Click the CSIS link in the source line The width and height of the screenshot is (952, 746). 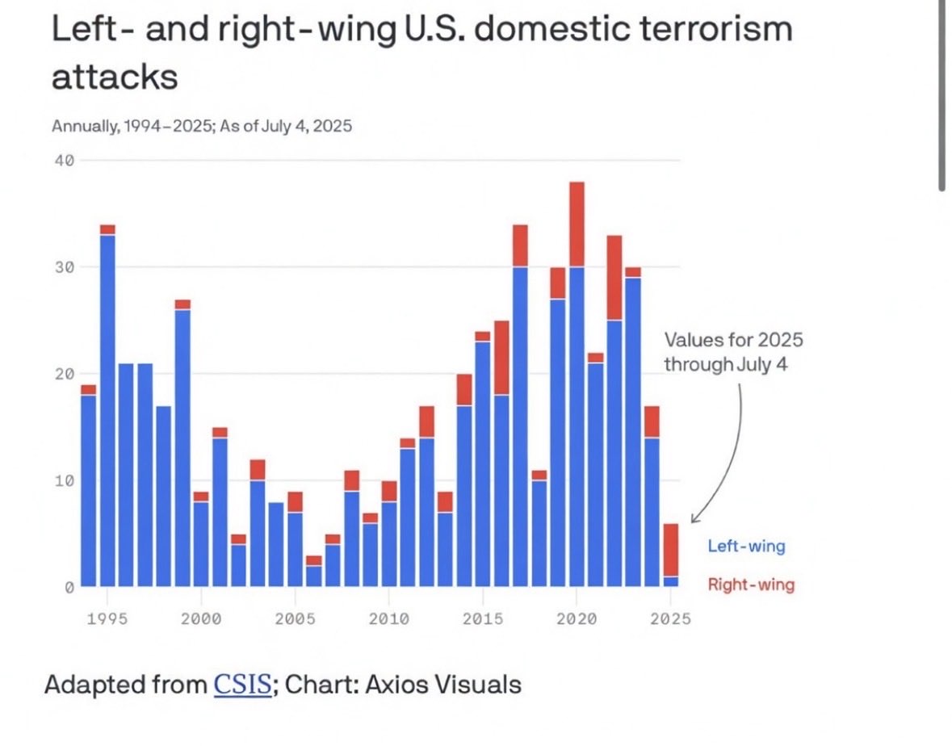(x=241, y=685)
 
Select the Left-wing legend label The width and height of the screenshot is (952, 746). (x=746, y=546)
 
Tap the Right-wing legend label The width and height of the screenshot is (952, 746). (x=751, y=585)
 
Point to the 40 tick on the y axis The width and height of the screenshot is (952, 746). (x=65, y=161)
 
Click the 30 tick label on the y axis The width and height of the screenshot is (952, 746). (x=65, y=267)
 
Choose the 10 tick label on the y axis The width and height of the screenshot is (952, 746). (x=65, y=481)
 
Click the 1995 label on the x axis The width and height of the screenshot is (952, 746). (x=107, y=618)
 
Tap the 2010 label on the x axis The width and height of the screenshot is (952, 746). (x=388, y=618)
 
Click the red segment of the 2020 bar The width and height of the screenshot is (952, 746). (x=577, y=224)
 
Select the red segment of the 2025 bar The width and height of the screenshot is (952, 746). (x=671, y=550)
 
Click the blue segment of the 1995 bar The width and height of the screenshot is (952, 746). (x=107, y=404)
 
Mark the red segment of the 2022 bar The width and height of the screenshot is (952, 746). (x=614, y=278)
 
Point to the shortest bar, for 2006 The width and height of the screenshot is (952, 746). (x=313, y=572)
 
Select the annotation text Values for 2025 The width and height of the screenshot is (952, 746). (x=733, y=340)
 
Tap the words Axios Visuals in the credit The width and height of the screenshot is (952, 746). (x=443, y=685)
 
